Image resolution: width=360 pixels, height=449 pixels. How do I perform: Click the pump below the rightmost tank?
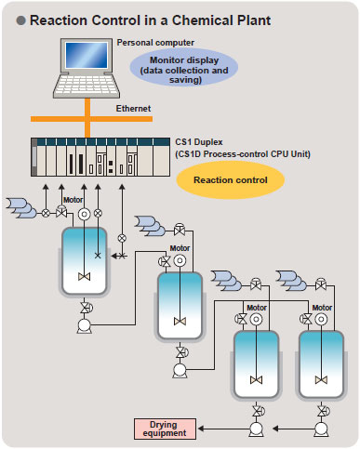click(323, 429)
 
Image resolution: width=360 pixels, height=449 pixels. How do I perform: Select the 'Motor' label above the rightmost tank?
click(323, 306)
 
